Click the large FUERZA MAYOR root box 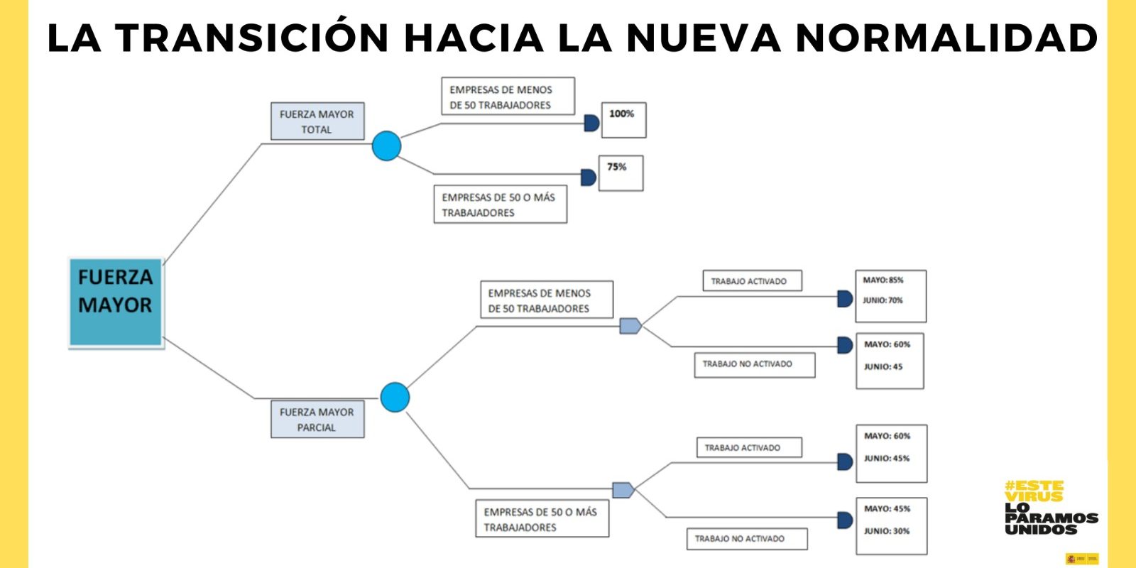pyautogui.click(x=116, y=302)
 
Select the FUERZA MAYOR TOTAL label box pyautogui.click(x=317, y=121)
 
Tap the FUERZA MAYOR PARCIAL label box pyautogui.click(x=317, y=419)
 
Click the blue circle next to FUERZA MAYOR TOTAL pyautogui.click(x=386, y=146)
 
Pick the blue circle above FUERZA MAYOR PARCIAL pyautogui.click(x=395, y=397)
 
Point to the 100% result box pyautogui.click(x=623, y=120)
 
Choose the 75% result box pyautogui.click(x=621, y=173)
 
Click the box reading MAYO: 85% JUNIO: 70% pyautogui.click(x=890, y=295)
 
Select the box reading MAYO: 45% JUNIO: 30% pyautogui.click(x=891, y=525)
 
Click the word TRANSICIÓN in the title pyautogui.click(x=252, y=38)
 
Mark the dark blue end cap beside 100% pyautogui.click(x=591, y=123)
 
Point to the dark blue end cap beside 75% pyautogui.click(x=588, y=177)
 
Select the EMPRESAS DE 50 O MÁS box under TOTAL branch pyautogui.click(x=500, y=204)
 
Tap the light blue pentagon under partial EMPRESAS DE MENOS pyautogui.click(x=630, y=326)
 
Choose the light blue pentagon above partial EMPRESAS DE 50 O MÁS pyautogui.click(x=623, y=490)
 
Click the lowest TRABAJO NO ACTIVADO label pyautogui.click(x=746, y=539)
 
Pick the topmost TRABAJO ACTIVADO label pyautogui.click(x=752, y=281)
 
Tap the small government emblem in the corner pyautogui.click(x=1081, y=559)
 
